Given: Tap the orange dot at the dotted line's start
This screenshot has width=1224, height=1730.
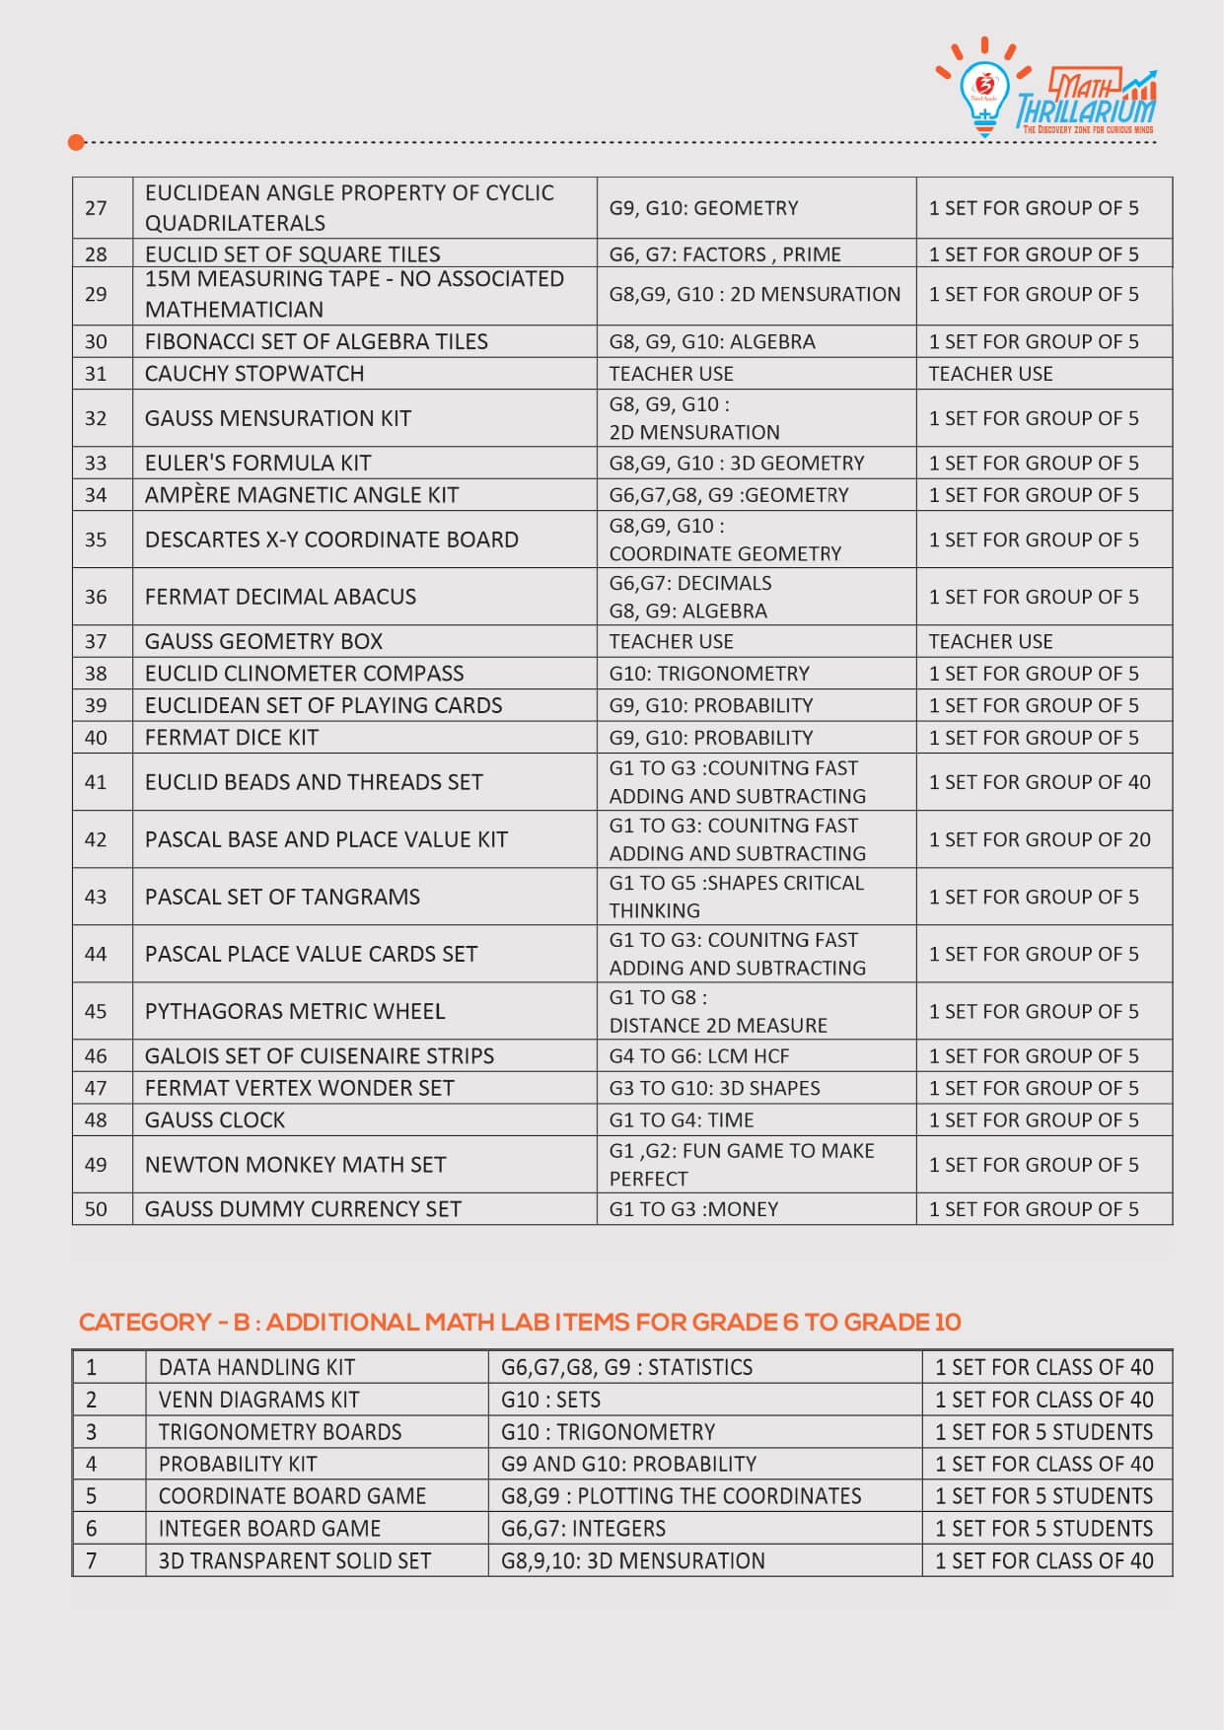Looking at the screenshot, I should (x=77, y=143).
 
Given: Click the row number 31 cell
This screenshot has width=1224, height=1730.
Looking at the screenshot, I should (x=96, y=374).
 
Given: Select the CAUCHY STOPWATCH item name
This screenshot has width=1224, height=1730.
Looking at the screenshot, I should (x=254, y=374).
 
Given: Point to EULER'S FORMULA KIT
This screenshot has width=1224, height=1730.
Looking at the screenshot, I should (x=257, y=463).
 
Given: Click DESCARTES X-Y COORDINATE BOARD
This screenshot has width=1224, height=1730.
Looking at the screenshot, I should (x=331, y=540).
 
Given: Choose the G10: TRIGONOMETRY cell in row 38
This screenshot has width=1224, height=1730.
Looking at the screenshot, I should (x=709, y=674).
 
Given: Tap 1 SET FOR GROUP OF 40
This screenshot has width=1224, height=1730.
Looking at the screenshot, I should (x=1040, y=782).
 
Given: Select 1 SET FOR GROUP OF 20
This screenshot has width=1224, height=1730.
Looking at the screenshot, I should (x=1040, y=839).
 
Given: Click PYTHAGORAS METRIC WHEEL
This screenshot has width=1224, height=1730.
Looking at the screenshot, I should (x=295, y=1011).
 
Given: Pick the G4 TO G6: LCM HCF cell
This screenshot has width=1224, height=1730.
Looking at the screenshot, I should (x=699, y=1056).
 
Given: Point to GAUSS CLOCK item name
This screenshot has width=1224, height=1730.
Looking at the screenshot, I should (x=215, y=1120).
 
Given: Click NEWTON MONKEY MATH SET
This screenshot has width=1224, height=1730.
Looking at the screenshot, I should (x=295, y=1165).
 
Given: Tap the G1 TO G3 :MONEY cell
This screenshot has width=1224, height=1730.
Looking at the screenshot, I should (x=693, y=1209).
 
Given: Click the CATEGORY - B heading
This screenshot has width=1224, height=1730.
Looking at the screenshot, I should (x=520, y=1323).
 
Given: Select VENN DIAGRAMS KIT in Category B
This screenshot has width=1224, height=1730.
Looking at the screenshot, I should (x=258, y=1400).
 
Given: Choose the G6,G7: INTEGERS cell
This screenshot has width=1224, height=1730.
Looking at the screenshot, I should (x=583, y=1529).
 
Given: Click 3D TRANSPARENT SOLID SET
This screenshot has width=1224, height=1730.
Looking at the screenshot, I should (x=295, y=1561).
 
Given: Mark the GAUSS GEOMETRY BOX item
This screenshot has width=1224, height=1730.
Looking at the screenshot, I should (x=263, y=641).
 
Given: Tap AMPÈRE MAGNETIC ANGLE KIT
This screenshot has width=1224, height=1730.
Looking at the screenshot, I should (x=302, y=495).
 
